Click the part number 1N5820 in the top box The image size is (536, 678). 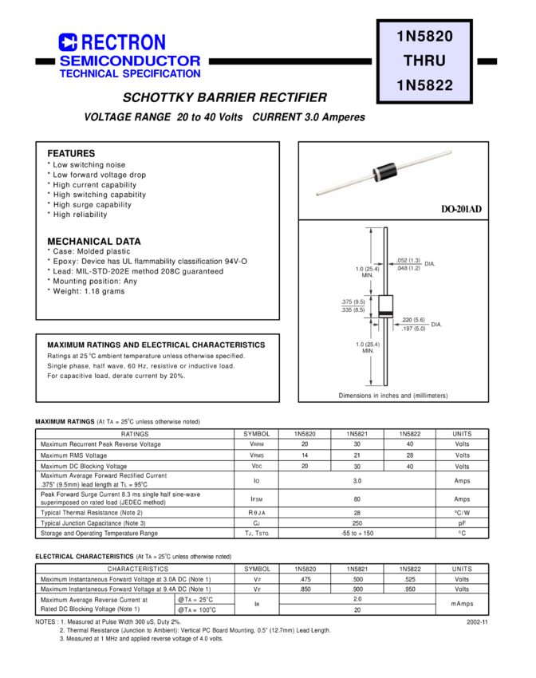(x=424, y=36)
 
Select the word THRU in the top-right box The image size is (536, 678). (x=424, y=61)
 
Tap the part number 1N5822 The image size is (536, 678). (x=424, y=85)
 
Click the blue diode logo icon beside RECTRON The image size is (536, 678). (x=66, y=42)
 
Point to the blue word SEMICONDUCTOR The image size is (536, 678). (x=130, y=61)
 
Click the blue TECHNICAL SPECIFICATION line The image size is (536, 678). (x=130, y=73)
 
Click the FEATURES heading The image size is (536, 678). (x=71, y=153)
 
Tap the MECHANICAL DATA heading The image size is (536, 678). (x=94, y=241)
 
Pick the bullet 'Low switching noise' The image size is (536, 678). (x=86, y=164)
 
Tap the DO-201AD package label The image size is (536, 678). (x=460, y=209)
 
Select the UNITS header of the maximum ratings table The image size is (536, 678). (x=463, y=434)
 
